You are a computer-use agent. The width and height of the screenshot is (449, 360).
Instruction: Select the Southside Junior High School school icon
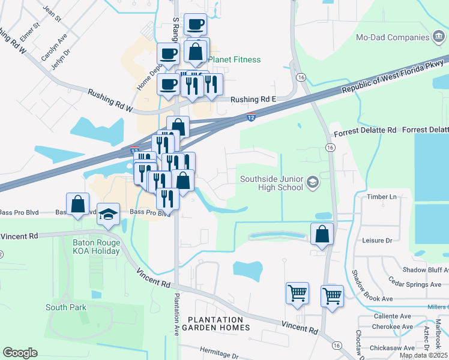[312, 182]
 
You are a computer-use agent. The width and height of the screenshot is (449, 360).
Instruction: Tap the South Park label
[66, 307]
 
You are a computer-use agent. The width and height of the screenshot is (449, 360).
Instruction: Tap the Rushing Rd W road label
[109, 100]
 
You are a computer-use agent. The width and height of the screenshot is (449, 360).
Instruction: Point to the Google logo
[20, 353]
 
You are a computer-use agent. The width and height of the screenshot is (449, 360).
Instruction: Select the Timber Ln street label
[385, 197]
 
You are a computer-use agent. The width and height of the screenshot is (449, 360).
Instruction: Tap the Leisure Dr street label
[377, 240]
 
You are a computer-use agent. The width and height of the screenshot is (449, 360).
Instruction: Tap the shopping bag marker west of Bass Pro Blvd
[78, 204]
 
